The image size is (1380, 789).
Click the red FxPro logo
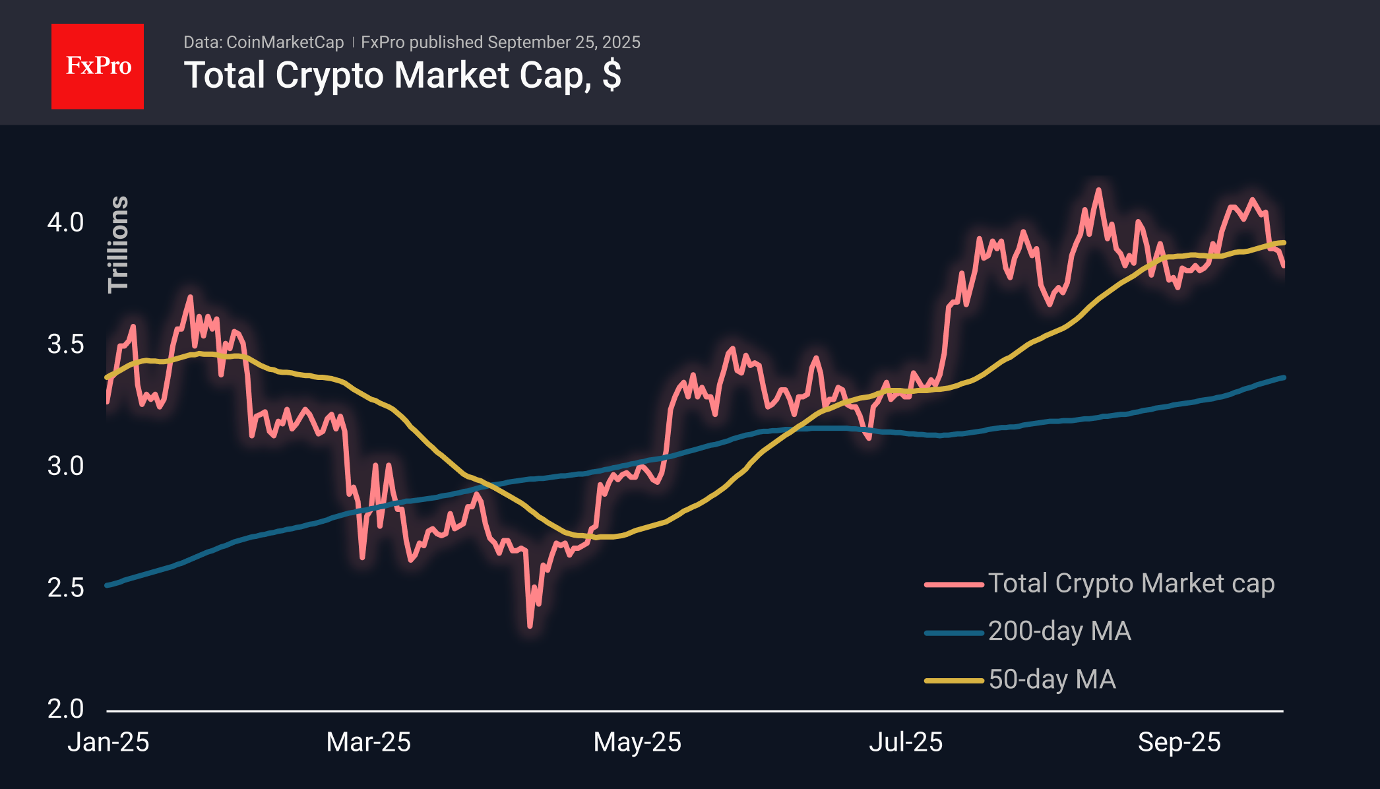click(x=98, y=66)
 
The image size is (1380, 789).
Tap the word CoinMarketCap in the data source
click(x=285, y=42)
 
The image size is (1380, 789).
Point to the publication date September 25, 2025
click(x=564, y=42)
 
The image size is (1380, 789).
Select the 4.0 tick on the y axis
click(x=65, y=222)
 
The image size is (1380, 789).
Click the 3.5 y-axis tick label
click(x=65, y=344)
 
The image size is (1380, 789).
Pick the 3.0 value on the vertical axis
click(x=65, y=466)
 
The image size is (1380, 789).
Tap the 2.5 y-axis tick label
click(x=65, y=588)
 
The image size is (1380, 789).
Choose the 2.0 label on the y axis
click(x=65, y=709)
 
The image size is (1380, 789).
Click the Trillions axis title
click(x=118, y=244)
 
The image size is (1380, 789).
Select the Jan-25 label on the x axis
click(x=108, y=742)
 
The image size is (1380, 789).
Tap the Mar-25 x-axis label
click(x=368, y=742)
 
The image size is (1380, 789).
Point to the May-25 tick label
click(x=637, y=742)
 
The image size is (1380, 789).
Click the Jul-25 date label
click(x=906, y=742)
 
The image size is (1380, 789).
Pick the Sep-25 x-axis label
click(x=1179, y=742)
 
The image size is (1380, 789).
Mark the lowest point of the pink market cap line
click(x=530, y=625)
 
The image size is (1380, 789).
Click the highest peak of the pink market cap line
click(x=1098, y=190)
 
